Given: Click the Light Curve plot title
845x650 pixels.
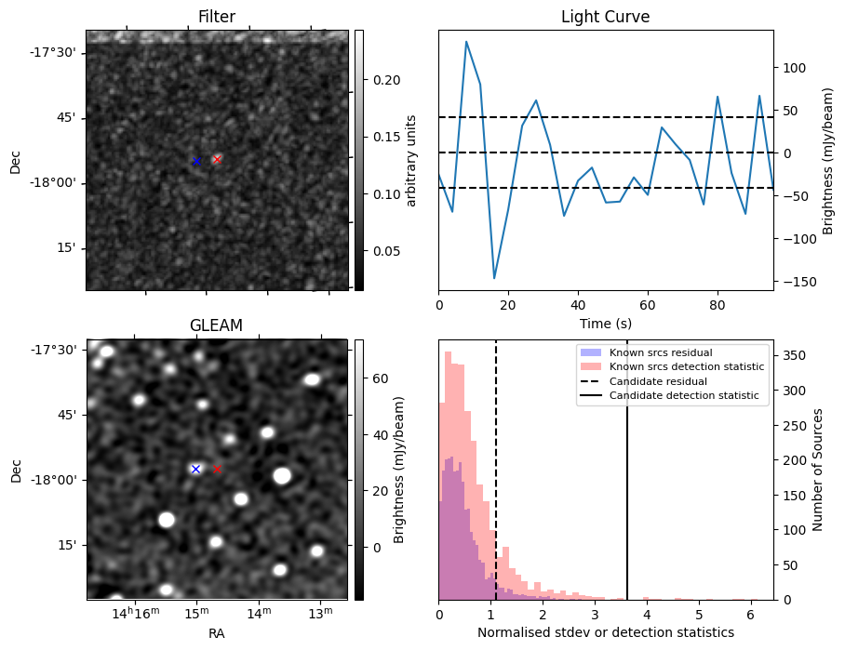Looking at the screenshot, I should point(605,17).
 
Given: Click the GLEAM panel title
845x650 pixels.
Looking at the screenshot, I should point(216,325).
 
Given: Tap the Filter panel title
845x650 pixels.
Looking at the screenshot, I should point(216,17).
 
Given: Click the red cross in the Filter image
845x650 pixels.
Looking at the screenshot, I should point(217,159).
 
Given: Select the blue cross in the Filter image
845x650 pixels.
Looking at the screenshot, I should point(196,161).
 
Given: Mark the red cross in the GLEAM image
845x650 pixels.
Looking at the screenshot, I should point(217,469).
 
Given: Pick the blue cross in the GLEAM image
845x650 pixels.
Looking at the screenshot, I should point(195,469).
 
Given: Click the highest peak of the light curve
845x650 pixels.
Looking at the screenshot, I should point(466,41).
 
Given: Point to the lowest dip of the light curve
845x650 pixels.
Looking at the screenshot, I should point(494,278).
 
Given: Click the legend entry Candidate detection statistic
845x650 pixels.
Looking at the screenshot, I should point(683,396).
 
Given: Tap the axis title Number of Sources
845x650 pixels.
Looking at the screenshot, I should point(818,470).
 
